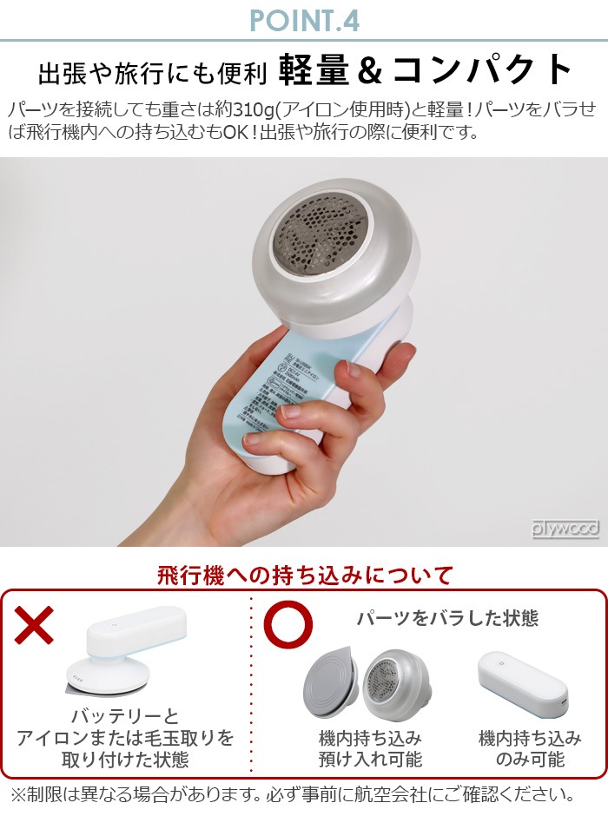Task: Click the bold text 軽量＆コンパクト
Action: click(x=426, y=71)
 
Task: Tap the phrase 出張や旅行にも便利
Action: click(x=152, y=74)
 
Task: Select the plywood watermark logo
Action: click(x=565, y=529)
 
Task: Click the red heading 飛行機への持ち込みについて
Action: click(x=305, y=575)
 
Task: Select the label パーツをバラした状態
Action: click(x=446, y=618)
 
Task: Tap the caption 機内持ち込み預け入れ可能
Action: click(x=369, y=749)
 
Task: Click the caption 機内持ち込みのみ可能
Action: click(x=530, y=749)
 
